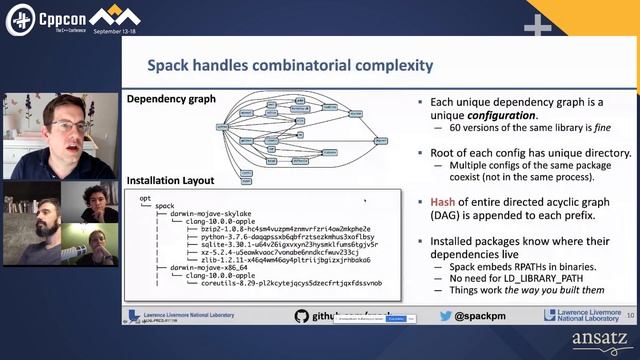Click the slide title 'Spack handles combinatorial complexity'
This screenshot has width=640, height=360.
coord(290,66)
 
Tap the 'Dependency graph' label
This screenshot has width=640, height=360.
coord(172,99)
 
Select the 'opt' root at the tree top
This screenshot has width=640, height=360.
coord(144,200)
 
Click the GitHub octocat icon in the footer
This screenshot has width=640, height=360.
coord(301,316)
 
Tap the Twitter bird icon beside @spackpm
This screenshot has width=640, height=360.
coord(446,316)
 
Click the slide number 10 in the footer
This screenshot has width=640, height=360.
coord(629,316)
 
